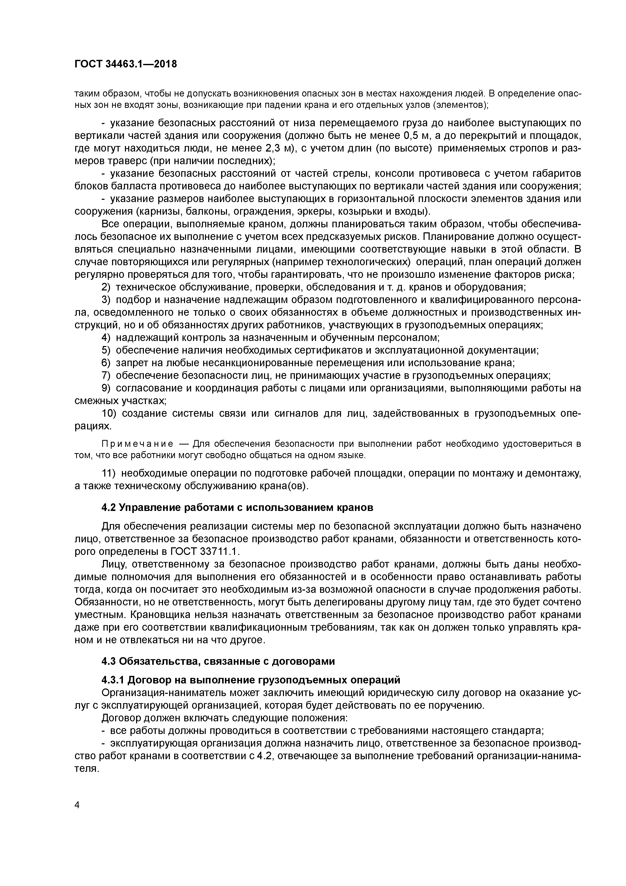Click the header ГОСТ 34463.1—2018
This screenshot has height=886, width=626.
click(x=125, y=64)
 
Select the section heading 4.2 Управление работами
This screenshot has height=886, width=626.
click(x=237, y=507)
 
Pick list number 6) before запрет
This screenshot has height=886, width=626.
click(x=106, y=363)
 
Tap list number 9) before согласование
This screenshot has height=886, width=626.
click(x=106, y=388)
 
